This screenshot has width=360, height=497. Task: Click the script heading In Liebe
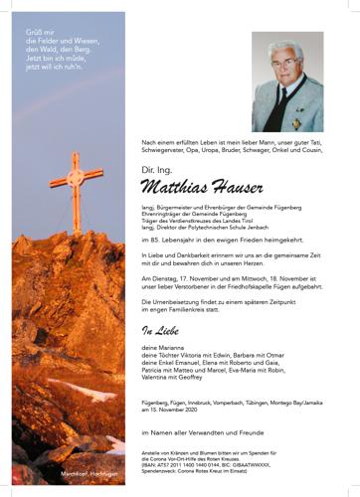point(162,329)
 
